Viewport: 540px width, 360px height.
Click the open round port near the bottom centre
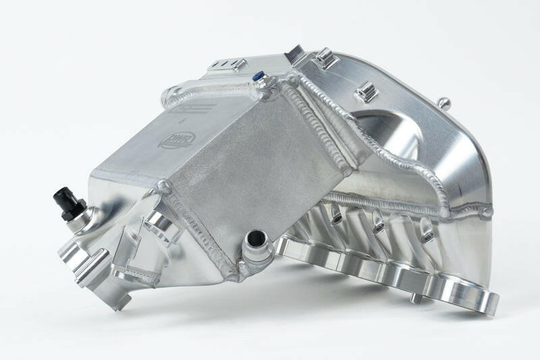pos(257,238)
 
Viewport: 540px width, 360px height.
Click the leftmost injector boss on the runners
pos(335,214)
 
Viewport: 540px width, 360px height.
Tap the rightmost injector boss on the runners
pos(427,235)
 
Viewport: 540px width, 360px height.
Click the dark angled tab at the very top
pos(295,52)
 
